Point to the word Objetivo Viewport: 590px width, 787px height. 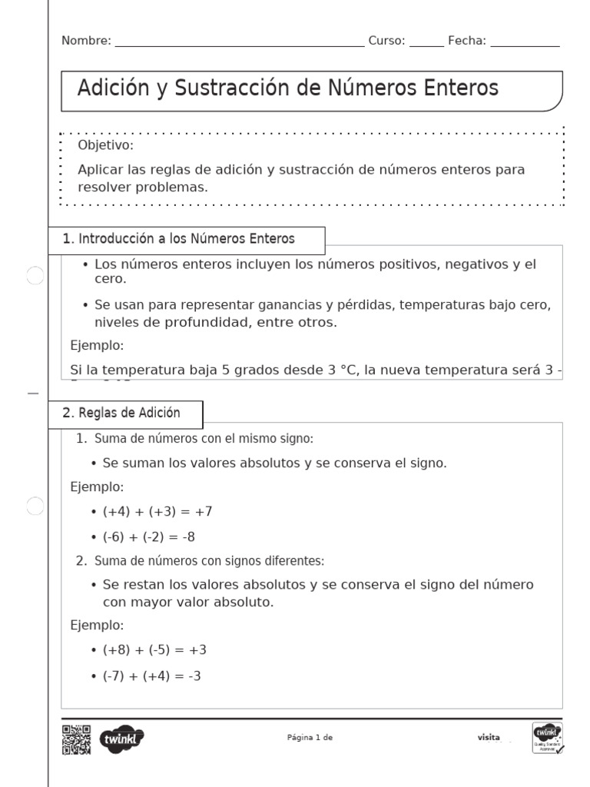105,145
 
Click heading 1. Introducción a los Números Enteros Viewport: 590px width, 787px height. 178,239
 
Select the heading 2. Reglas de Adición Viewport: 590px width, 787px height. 121,413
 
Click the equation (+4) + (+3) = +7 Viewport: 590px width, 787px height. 157,511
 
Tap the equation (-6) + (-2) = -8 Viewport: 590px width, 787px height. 149,536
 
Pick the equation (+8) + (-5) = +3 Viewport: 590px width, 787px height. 154,649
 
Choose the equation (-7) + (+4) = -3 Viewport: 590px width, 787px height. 152,676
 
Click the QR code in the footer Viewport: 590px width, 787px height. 76,739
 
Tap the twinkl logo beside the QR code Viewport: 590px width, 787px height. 122,739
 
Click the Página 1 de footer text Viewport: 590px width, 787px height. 310,738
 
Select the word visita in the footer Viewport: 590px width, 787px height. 489,738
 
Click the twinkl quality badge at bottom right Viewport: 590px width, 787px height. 547,738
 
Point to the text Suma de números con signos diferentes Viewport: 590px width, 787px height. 209,560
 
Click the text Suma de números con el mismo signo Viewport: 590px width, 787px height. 204,439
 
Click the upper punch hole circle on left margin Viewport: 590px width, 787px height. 35,276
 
